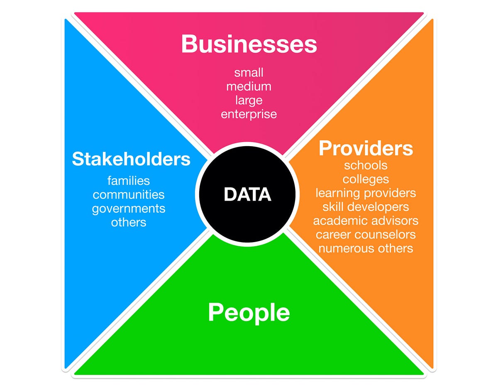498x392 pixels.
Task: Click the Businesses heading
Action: click(x=249, y=44)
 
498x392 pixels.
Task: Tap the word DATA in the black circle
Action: click(x=247, y=194)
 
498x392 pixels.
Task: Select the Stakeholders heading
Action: click(x=131, y=159)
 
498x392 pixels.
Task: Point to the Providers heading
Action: click(x=366, y=148)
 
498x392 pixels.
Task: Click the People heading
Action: click(x=249, y=312)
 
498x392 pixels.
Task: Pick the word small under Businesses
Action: click(x=249, y=72)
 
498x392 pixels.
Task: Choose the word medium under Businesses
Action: click(x=249, y=86)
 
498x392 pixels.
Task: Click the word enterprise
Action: click(x=249, y=114)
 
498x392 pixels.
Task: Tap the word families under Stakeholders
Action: click(x=129, y=181)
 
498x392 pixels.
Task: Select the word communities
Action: click(x=129, y=194)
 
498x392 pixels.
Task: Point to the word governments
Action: click(x=129, y=208)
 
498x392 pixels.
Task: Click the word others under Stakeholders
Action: click(x=129, y=222)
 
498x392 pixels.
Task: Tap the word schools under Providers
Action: click(x=366, y=165)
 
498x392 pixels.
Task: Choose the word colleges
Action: click(x=366, y=179)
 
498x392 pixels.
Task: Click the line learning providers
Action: click(x=366, y=193)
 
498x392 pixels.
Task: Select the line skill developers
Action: click(x=366, y=207)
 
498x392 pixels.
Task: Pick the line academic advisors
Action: click(x=366, y=220)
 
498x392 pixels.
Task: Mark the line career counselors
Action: click(x=366, y=235)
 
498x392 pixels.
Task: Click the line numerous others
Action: click(x=366, y=248)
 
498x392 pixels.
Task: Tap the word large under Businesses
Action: click(x=249, y=100)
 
